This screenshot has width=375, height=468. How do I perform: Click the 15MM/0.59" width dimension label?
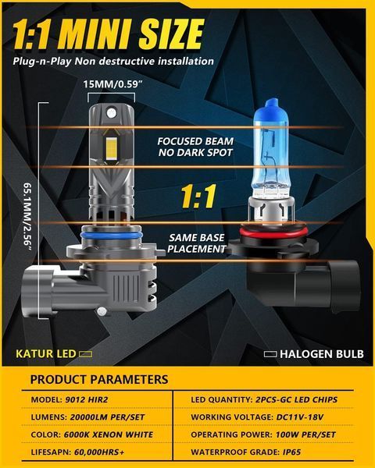pos(112,84)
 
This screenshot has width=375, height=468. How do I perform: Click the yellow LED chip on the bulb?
pos(111,147)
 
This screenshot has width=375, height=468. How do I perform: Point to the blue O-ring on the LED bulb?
pos(111,236)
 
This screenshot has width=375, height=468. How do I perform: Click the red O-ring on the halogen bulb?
pos(273,232)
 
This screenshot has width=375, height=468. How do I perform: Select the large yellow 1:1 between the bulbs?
pos(198,196)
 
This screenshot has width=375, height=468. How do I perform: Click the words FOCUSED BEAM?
pos(195,141)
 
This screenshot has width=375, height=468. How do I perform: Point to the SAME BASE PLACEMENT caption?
pos(196,243)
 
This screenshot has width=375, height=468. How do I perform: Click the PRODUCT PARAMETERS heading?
pos(99,379)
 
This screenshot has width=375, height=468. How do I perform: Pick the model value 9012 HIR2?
pos(87,399)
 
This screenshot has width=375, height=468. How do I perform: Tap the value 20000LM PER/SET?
pos(107,417)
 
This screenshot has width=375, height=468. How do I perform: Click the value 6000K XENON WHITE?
pos(109,434)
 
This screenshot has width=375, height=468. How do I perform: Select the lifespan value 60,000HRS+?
pos(99,452)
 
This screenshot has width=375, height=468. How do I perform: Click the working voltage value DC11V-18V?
pos(300,417)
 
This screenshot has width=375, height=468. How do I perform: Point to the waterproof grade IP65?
pos(291,452)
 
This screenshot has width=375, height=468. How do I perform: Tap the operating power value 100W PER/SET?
pos(305,434)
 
